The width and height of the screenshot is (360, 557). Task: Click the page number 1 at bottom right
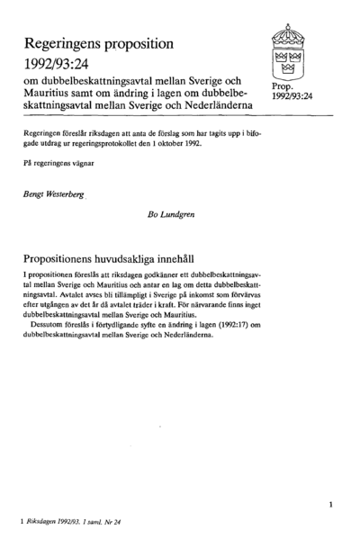(x=331, y=507)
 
